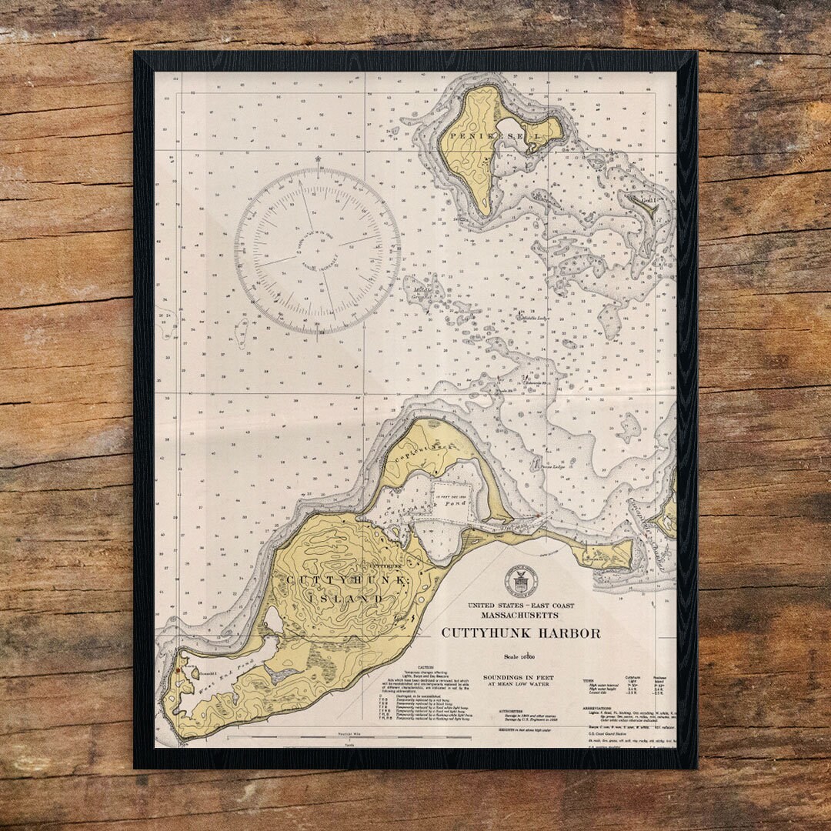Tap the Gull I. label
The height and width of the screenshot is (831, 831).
649,201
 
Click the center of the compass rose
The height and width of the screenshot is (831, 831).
317,251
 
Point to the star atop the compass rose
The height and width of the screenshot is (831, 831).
317,160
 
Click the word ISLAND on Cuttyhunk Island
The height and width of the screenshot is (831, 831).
345,598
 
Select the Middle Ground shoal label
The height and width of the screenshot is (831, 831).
421,292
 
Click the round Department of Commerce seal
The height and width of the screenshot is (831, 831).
521,582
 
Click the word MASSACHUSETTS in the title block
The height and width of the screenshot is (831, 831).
521,616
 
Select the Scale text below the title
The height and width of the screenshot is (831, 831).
519,656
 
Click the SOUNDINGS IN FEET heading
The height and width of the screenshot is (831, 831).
519,678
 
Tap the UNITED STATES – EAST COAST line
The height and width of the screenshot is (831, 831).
521,606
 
